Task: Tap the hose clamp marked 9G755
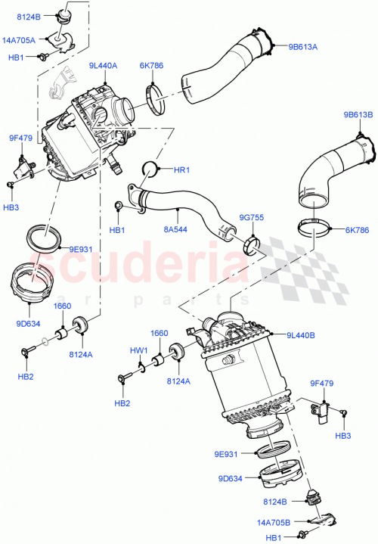point(252,246)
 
